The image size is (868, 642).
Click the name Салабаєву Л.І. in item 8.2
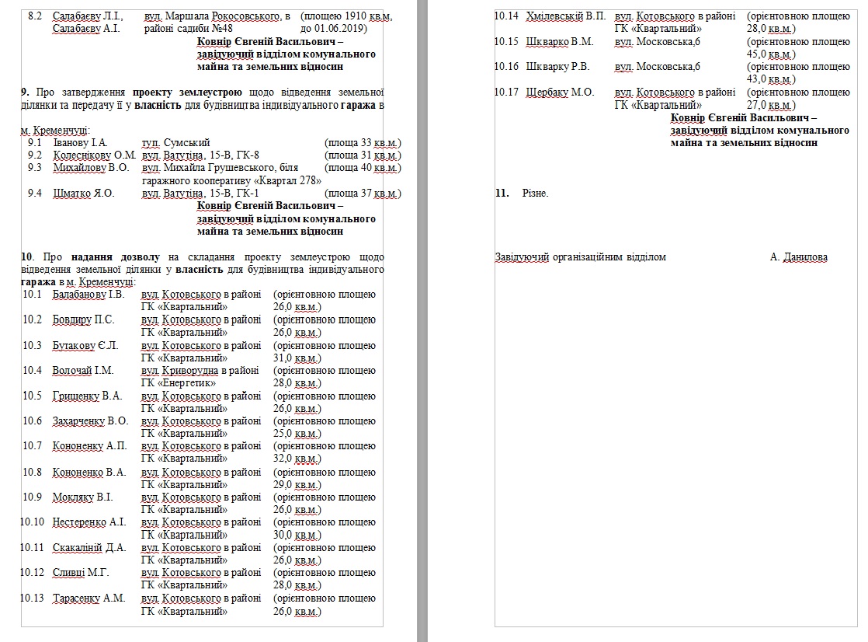[x=88, y=16]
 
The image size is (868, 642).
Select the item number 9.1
[x=34, y=143]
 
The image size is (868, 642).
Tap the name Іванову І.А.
[x=80, y=143]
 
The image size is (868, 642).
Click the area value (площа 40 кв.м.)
[x=363, y=168]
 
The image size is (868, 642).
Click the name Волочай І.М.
[x=83, y=371]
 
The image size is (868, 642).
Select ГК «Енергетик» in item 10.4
[x=184, y=383]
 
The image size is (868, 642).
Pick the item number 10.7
[x=33, y=446]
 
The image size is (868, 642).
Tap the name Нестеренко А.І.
[x=89, y=522]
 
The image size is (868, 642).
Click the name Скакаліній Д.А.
[x=89, y=548]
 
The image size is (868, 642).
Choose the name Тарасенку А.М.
[x=89, y=598]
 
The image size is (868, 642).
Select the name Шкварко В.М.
[x=559, y=42]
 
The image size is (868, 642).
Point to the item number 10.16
[x=506, y=67]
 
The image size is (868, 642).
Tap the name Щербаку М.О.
[x=560, y=92]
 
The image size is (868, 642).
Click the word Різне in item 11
[x=535, y=194]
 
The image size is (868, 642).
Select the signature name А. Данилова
[x=799, y=257]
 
